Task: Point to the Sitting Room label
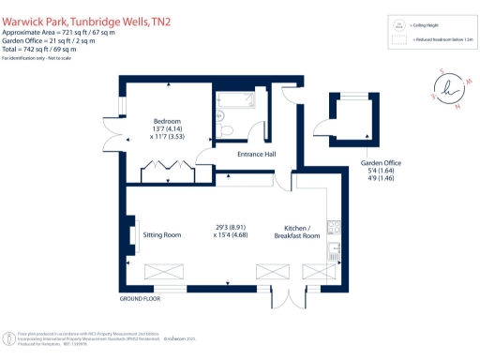tap(161, 235)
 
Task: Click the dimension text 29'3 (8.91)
tap(232, 226)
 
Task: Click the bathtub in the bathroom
tap(234, 99)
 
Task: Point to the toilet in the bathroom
tap(222, 129)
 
